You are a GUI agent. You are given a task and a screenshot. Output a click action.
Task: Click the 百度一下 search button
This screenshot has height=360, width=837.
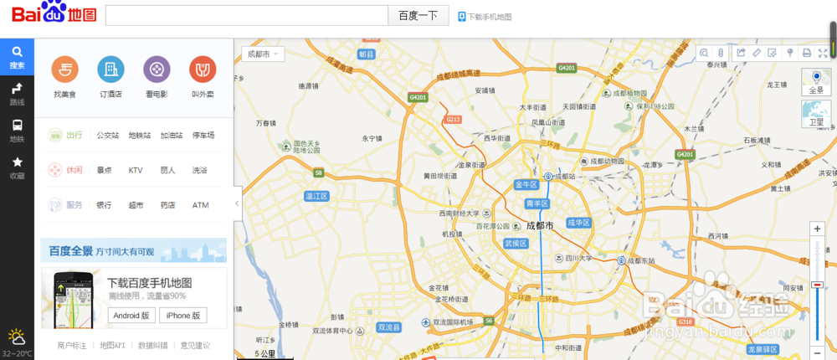(418, 16)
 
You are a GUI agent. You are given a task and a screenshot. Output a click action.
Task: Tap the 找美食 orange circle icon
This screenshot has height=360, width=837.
(64, 69)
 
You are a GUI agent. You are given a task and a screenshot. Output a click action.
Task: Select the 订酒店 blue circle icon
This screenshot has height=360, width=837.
(110, 69)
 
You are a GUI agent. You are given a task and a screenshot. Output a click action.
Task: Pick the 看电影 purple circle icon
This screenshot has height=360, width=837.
(157, 69)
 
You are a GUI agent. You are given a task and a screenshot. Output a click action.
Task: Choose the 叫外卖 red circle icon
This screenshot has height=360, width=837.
(203, 69)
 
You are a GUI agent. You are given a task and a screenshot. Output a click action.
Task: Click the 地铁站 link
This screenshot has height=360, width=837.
(140, 135)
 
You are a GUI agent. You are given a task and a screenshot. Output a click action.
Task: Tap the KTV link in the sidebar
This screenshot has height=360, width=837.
(136, 170)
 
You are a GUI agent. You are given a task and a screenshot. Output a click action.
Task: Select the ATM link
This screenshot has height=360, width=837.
(200, 205)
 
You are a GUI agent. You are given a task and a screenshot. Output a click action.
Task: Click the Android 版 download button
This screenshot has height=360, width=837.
(132, 316)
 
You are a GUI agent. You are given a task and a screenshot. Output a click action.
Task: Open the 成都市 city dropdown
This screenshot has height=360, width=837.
(263, 54)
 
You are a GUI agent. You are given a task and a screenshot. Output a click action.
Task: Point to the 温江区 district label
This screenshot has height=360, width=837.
(317, 196)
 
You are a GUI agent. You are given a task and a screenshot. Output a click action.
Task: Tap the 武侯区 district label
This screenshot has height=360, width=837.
(515, 243)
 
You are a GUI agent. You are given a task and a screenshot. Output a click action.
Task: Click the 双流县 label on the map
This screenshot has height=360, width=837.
(390, 327)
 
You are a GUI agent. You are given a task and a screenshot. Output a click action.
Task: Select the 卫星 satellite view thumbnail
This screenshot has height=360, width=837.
(816, 114)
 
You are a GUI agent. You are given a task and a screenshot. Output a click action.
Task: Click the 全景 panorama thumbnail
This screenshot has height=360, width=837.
(816, 82)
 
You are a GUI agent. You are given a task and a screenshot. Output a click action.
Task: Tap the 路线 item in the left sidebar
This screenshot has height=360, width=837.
(17, 94)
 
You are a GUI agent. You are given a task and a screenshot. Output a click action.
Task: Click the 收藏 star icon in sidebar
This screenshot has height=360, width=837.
(17, 167)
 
